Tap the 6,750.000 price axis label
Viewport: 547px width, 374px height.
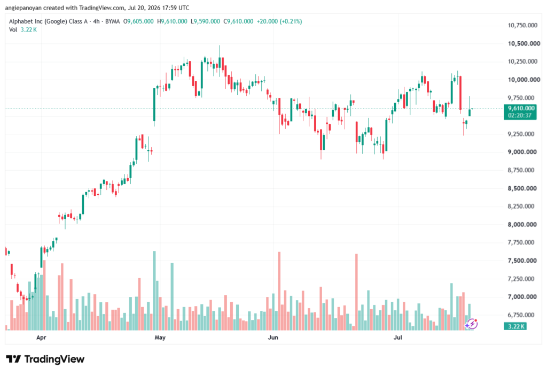521,315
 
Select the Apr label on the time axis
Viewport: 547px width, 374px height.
41,338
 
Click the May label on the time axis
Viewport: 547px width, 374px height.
160,338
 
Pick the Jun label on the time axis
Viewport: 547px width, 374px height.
273,338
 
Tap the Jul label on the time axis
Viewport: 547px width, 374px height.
397,338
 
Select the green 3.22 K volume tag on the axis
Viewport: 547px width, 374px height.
515,326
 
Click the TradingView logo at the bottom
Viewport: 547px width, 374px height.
45,359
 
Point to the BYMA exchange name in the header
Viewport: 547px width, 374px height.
112,21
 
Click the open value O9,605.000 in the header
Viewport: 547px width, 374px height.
138,21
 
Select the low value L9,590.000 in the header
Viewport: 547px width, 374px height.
205,21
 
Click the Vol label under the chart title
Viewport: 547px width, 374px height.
13,30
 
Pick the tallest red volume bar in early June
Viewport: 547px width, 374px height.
279,291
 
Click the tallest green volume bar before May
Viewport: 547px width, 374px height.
154,291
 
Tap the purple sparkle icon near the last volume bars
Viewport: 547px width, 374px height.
471,324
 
